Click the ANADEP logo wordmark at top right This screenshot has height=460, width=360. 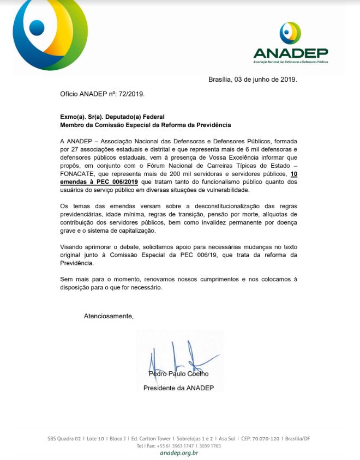(290, 52)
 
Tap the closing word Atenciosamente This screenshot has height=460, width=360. (108, 316)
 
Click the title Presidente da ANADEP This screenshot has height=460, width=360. (178, 388)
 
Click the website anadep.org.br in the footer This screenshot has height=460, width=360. (179, 453)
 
